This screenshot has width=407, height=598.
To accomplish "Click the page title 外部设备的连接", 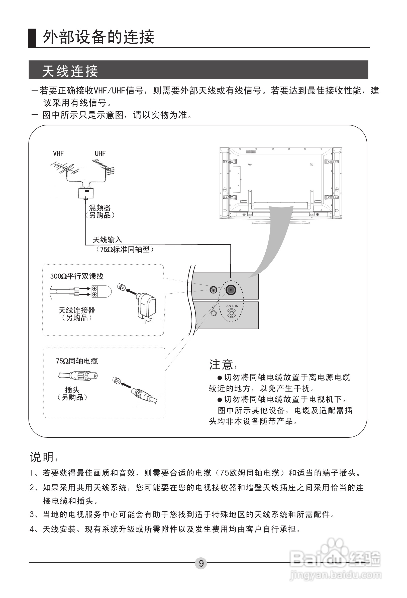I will (98, 37).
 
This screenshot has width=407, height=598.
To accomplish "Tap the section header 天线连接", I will (70, 71).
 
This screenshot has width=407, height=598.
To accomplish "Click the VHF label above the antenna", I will (58, 153).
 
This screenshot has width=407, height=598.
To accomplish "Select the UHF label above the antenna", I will (100, 153).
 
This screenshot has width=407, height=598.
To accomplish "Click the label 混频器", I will (100, 207).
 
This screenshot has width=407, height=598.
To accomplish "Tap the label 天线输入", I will (107, 240).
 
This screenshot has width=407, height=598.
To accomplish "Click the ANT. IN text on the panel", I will (232, 306).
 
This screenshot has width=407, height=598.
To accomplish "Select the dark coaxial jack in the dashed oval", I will (231, 290).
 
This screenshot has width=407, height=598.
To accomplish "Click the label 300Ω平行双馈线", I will (77, 276).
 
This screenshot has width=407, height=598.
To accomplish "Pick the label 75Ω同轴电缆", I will (77, 361).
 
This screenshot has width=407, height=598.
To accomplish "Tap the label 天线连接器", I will (77, 310).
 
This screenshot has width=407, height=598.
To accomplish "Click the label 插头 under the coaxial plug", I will (72, 390).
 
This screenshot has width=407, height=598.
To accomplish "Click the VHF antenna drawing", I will (64, 169).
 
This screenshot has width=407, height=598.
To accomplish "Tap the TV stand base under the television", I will (281, 221).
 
